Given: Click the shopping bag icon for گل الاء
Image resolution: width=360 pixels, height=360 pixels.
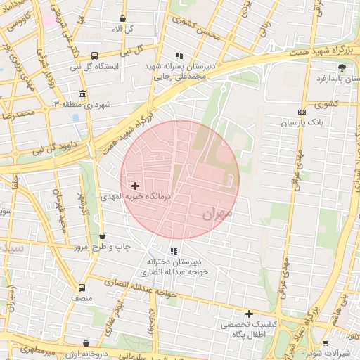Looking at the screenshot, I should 124,19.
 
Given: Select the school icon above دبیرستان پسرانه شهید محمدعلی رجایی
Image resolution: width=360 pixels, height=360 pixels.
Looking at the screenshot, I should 179,55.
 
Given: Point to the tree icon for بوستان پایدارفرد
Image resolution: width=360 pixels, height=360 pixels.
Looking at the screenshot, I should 342,67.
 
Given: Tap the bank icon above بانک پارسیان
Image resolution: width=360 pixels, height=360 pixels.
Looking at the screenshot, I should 302,112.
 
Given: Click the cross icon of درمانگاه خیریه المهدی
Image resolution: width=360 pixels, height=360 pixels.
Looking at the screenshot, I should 135,186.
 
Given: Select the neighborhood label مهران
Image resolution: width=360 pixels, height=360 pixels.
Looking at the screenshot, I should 217,214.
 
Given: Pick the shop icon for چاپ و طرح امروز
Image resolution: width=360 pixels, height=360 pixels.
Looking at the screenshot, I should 103,236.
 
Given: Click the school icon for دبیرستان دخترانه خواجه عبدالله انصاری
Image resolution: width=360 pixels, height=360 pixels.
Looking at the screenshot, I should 174,251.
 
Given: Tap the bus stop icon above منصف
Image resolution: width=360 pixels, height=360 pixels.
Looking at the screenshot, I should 82,288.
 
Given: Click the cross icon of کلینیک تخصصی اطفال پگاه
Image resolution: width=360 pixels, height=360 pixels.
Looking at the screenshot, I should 248,314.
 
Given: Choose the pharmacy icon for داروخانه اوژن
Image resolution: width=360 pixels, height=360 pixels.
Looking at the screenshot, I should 86,344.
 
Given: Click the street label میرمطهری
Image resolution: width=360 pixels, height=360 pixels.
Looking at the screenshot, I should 27,349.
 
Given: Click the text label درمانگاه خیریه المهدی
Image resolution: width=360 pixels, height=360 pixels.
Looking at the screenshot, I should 139,198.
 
